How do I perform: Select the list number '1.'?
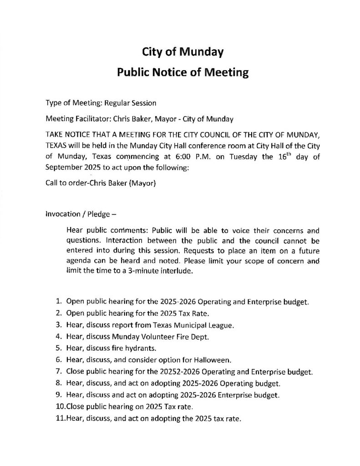tap(59, 301)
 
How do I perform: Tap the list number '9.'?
tap(59, 394)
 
